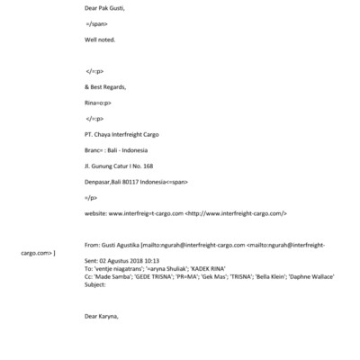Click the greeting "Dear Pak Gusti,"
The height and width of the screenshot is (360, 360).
[104, 8]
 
